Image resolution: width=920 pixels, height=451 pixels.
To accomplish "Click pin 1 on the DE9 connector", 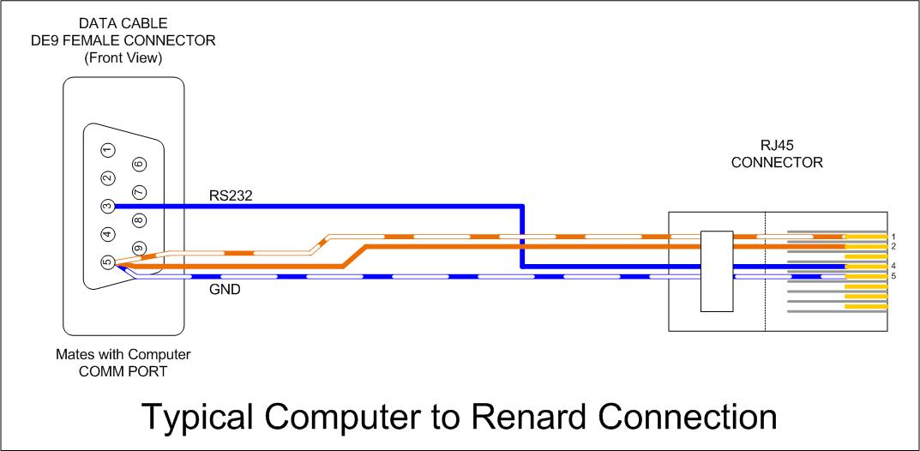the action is tap(107, 150).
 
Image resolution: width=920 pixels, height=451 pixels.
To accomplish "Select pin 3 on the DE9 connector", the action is tap(107, 207).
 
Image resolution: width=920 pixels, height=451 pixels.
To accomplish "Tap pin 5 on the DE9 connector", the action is tap(107, 262).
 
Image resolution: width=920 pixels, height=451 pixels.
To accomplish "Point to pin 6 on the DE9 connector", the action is tap(138, 165).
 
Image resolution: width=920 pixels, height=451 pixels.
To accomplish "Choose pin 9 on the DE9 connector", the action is tap(138, 248).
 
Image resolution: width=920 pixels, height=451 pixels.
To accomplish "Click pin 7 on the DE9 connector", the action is tap(138, 192).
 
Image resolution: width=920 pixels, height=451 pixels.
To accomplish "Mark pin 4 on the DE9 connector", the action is tap(107, 234).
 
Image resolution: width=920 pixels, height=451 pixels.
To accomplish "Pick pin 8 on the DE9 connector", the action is tap(138, 220).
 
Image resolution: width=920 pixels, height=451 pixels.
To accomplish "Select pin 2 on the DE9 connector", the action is tap(107, 177).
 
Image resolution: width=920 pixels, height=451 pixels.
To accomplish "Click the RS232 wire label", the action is tap(231, 195).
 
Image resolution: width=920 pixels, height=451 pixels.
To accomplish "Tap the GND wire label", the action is tap(225, 289).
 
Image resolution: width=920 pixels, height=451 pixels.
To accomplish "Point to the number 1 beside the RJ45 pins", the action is tap(893, 237).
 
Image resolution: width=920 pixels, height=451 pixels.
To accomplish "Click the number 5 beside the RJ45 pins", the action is tap(893, 275).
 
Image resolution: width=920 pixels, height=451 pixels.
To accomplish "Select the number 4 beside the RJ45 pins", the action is tap(893, 266).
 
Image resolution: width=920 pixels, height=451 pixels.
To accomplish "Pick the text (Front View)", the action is tap(123, 58).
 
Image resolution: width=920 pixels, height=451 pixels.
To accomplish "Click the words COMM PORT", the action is tap(123, 371).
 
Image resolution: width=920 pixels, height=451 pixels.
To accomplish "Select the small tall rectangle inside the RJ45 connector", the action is tap(717, 271).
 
